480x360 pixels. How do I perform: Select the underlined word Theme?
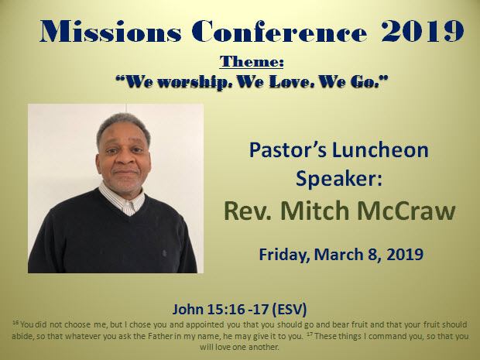252,61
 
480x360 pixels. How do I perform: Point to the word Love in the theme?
291,82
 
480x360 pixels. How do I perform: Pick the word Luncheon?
380,150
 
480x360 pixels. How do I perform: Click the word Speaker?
339,179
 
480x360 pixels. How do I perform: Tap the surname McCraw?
406,211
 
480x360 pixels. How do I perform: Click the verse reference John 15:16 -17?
221,309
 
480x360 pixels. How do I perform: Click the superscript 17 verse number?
310,334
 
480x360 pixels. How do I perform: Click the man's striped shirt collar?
122,199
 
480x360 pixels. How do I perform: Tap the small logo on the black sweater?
164,253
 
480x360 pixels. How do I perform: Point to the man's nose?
125,159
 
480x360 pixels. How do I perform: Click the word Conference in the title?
279,31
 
